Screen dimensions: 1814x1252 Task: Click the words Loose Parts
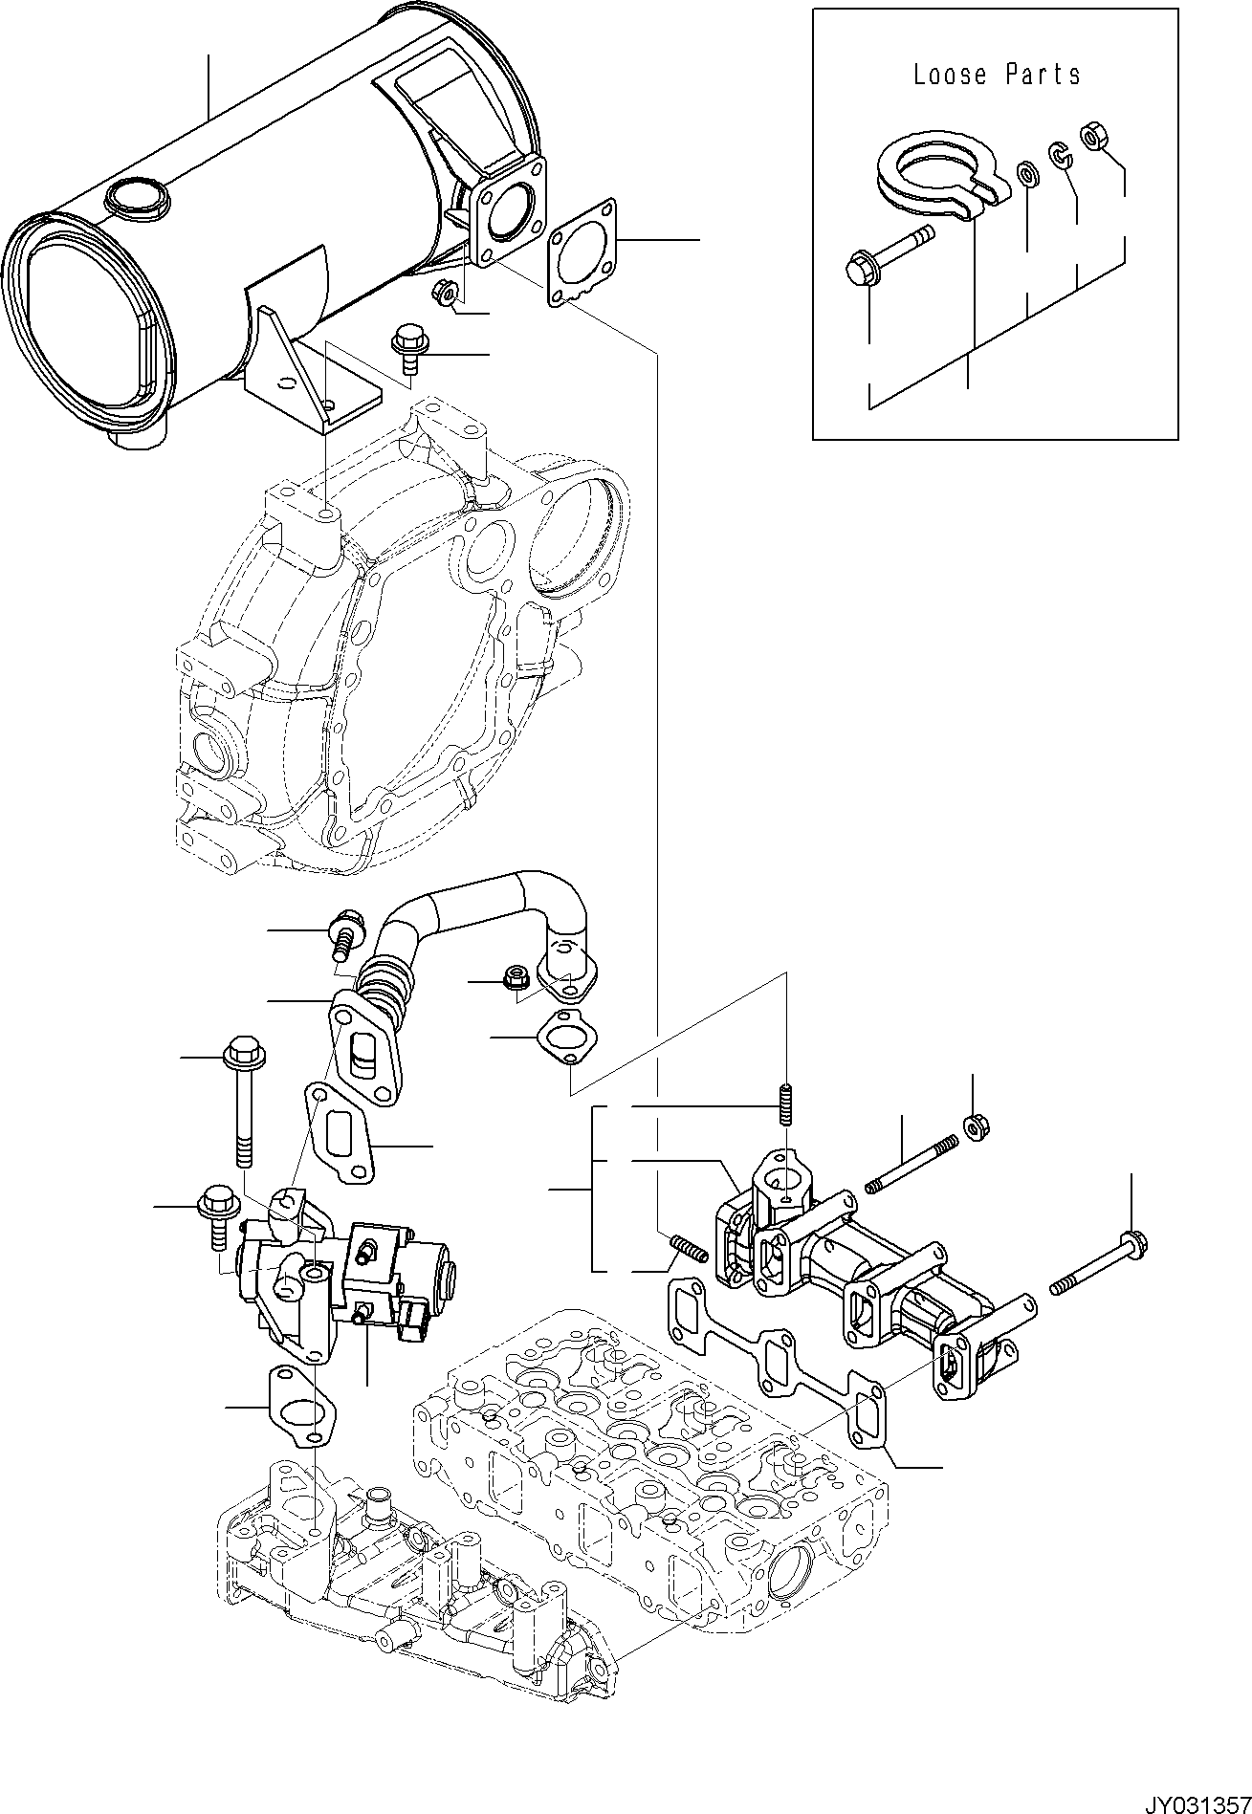pos(997,75)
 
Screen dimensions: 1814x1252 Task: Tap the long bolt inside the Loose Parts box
pos(888,248)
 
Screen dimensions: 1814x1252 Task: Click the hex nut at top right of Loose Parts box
pos(1092,137)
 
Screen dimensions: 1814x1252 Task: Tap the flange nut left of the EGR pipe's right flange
pos(514,979)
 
